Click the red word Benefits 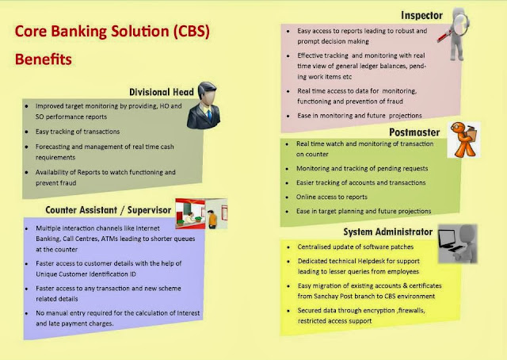pyautogui.click(x=47, y=59)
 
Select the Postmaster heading pyautogui.click(x=415, y=131)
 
